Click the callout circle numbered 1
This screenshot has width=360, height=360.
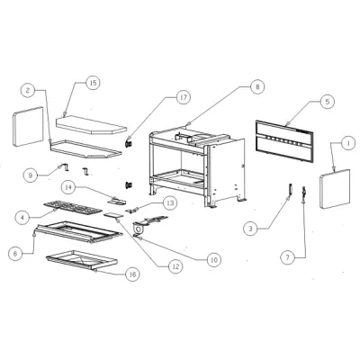pyautogui.click(x=348, y=144)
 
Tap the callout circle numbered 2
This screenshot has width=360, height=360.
pyautogui.click(x=28, y=90)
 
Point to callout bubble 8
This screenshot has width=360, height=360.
pyautogui.click(x=257, y=87)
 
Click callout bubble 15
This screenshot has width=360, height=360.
pyautogui.click(x=93, y=83)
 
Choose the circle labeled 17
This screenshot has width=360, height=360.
pyautogui.click(x=183, y=97)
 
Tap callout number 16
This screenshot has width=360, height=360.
pyautogui.click(x=132, y=274)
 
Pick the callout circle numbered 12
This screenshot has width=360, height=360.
pyautogui.click(x=175, y=265)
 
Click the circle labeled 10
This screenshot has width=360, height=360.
pyautogui.click(x=213, y=259)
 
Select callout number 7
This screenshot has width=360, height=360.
pyautogui.click(x=288, y=257)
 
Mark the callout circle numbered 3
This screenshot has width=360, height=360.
pyautogui.click(x=250, y=229)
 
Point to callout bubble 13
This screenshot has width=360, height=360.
pyautogui.click(x=170, y=203)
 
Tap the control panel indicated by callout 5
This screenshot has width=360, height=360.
pyautogui.click(x=284, y=140)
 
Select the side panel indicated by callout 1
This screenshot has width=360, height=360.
pyautogui.click(x=335, y=189)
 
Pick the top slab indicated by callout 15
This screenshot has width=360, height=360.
pyautogui.click(x=92, y=126)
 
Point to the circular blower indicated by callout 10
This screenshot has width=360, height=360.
pyautogui.click(x=139, y=229)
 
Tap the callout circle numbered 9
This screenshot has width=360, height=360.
pyautogui.click(x=31, y=175)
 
